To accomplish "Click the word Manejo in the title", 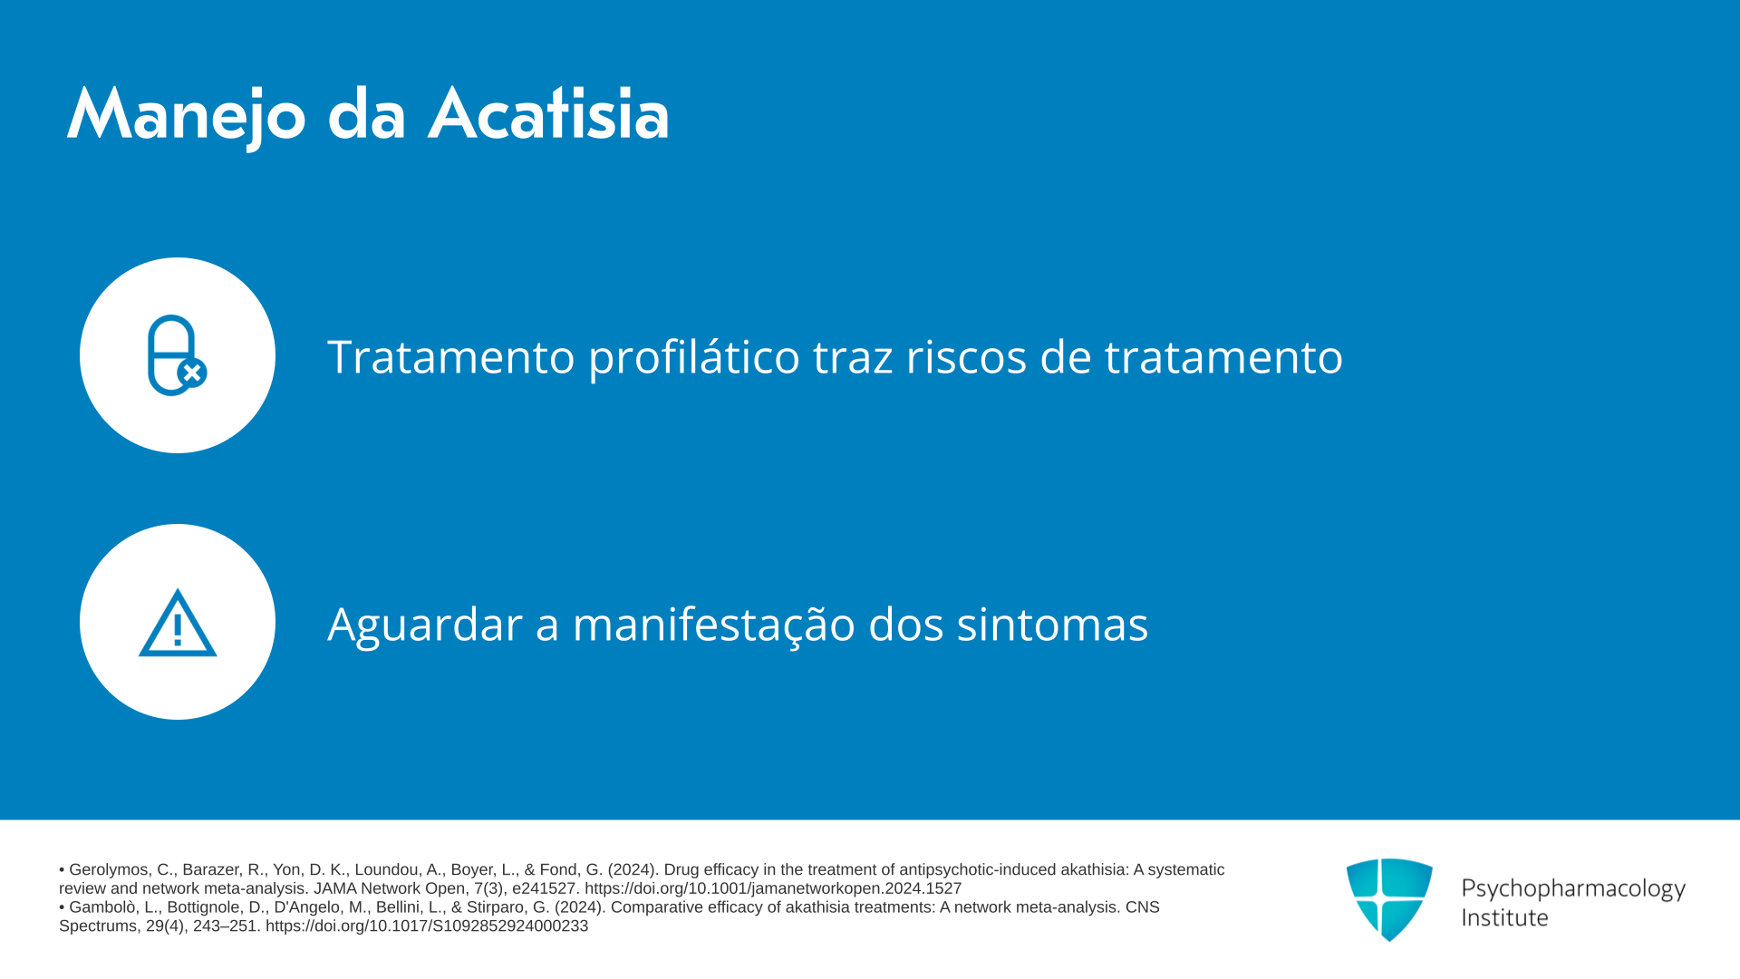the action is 187,116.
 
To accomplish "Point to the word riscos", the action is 966,356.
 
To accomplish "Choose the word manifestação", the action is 714,625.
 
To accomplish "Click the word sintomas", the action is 1052,625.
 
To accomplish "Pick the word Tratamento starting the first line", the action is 451,356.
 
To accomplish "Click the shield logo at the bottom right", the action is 1389,899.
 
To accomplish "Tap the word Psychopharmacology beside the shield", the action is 1573,888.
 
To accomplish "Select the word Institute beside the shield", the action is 1505,917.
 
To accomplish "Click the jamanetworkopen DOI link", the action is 773,888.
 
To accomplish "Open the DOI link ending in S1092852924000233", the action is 427,926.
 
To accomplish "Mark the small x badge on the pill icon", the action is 192,373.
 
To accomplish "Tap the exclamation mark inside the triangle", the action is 178,629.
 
